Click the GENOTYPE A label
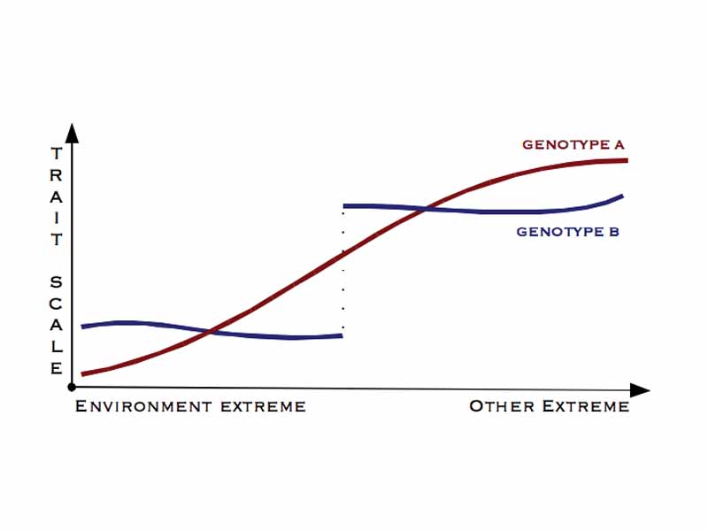[573, 144]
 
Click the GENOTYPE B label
[567, 233]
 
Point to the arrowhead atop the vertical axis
[73, 133]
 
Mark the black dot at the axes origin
[72, 388]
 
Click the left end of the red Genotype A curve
[82, 373]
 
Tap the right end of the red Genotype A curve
[626, 160]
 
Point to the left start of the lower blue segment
[82, 327]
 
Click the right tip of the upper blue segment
[623, 196]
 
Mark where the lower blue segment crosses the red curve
[210, 331]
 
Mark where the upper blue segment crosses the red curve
[427, 209]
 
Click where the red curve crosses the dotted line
[342, 255]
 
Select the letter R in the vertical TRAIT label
[57, 175]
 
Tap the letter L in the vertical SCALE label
[57, 347]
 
